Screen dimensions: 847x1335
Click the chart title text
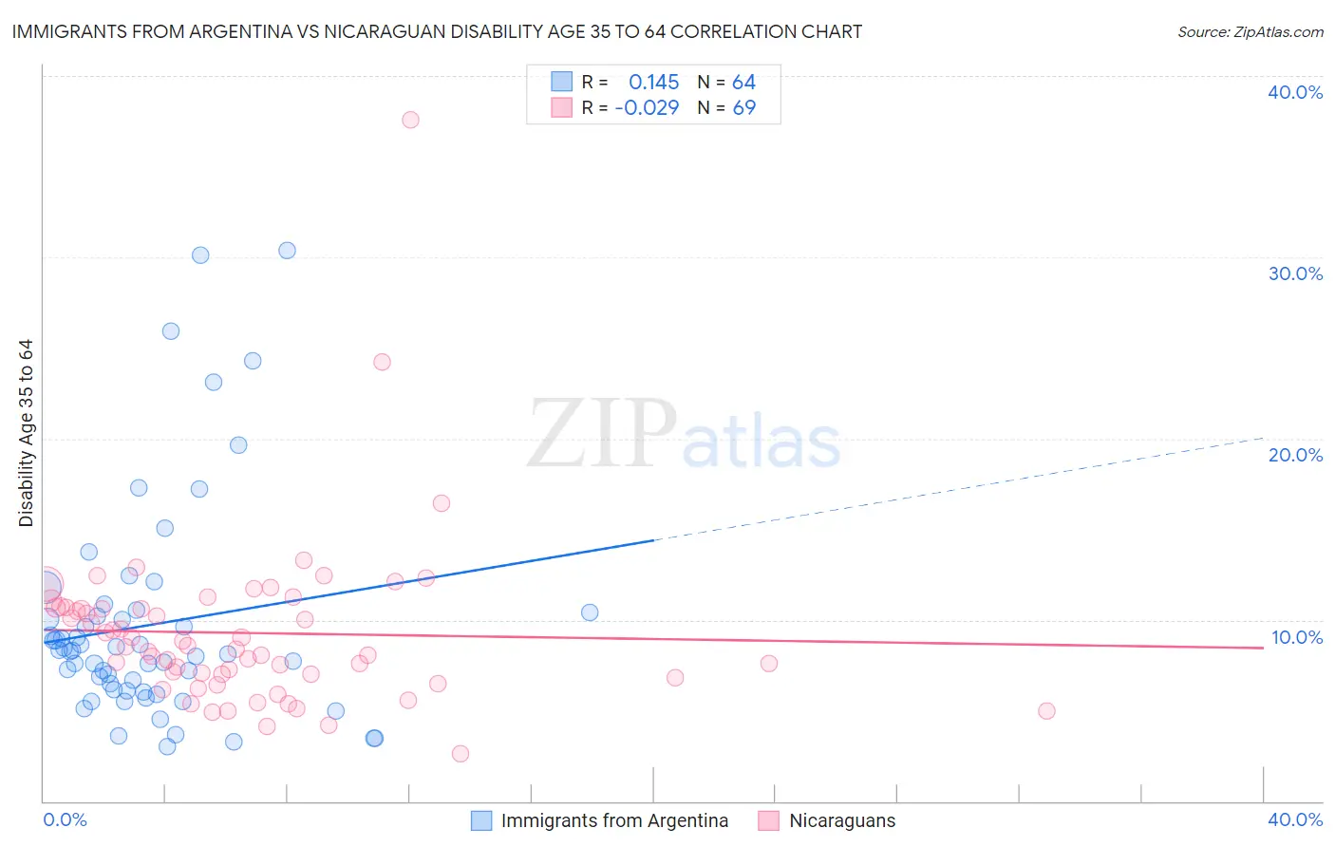click(437, 31)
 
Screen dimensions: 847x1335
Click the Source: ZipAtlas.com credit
click(1250, 32)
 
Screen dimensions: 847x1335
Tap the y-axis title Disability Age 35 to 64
click(26, 433)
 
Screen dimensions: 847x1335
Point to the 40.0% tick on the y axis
click(1295, 92)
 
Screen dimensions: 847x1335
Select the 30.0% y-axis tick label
click(1295, 273)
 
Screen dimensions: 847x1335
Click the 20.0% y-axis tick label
click(1295, 455)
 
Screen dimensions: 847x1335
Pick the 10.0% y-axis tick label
click(1296, 637)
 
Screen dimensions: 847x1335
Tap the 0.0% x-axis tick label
click(65, 819)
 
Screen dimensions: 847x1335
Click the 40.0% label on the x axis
click(1295, 819)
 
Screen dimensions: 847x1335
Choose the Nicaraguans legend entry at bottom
click(841, 820)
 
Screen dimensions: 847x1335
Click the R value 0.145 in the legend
click(653, 83)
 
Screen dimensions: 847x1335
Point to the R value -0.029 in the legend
click(647, 108)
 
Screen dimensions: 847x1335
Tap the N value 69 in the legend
click(743, 108)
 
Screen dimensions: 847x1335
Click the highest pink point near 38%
click(410, 120)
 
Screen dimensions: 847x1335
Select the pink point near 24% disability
click(382, 362)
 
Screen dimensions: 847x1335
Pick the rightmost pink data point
click(1046, 711)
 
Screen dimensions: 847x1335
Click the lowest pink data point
click(460, 754)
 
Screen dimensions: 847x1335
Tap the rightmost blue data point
click(590, 612)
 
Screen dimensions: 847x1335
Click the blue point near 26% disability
click(171, 331)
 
